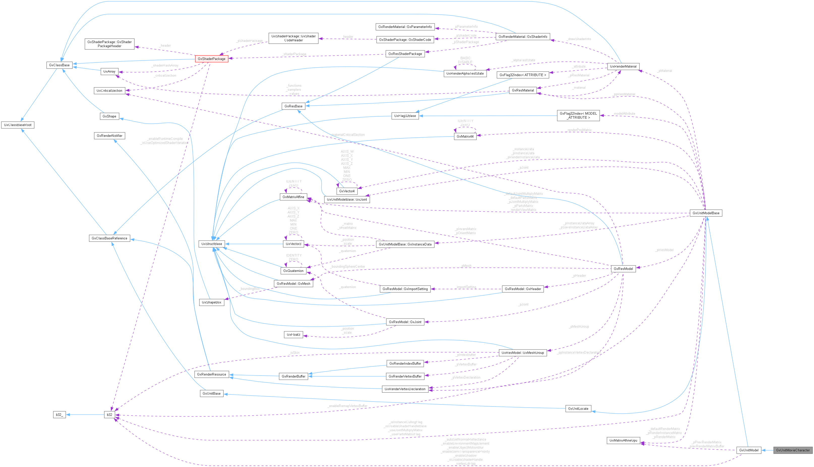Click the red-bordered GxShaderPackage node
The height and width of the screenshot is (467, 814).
[x=211, y=59]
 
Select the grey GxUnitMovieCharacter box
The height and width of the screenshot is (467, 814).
[x=793, y=450]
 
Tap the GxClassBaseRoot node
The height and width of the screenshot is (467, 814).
[x=18, y=125]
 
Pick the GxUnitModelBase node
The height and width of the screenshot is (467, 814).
[x=706, y=213]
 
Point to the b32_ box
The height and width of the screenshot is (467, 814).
[x=59, y=415]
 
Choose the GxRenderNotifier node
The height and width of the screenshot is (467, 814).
[x=109, y=136]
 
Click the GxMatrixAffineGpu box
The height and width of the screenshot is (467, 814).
[x=623, y=440]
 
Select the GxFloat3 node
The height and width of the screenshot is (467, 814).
[x=293, y=334]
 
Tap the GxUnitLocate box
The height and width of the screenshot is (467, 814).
[x=578, y=409]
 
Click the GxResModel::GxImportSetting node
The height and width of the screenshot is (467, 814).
[x=405, y=289]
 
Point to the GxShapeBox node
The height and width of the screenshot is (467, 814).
[x=211, y=302]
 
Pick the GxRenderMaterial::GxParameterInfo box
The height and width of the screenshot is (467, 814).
[x=405, y=27]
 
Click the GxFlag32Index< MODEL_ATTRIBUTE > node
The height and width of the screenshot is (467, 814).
[x=578, y=115]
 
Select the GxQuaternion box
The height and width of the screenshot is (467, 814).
[x=293, y=271]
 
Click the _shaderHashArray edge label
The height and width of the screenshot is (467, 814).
[x=165, y=66]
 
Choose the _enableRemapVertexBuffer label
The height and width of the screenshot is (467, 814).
[x=347, y=406]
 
